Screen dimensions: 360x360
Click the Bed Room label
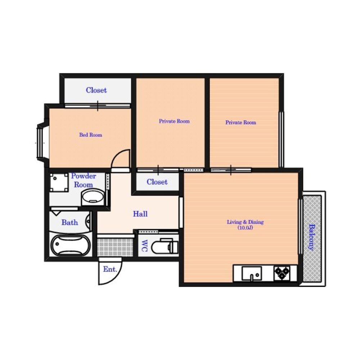(91, 135)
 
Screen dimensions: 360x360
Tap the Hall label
(140, 214)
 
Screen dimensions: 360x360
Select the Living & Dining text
(245, 222)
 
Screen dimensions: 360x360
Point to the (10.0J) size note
(245, 228)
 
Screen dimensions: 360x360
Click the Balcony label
(311, 237)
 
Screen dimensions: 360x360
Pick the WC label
(144, 246)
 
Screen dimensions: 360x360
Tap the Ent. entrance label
(110, 269)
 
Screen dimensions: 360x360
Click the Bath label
(69, 222)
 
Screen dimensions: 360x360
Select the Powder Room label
(84, 180)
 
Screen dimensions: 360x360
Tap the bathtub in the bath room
(70, 245)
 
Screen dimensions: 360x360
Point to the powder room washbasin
(93, 198)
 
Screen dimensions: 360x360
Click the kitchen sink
(251, 274)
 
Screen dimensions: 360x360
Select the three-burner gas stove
(282, 273)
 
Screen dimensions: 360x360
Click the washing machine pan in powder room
(59, 183)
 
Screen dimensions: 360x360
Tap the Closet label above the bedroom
(96, 90)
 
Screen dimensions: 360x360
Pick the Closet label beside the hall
(157, 182)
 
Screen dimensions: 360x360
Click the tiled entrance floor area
(115, 247)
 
